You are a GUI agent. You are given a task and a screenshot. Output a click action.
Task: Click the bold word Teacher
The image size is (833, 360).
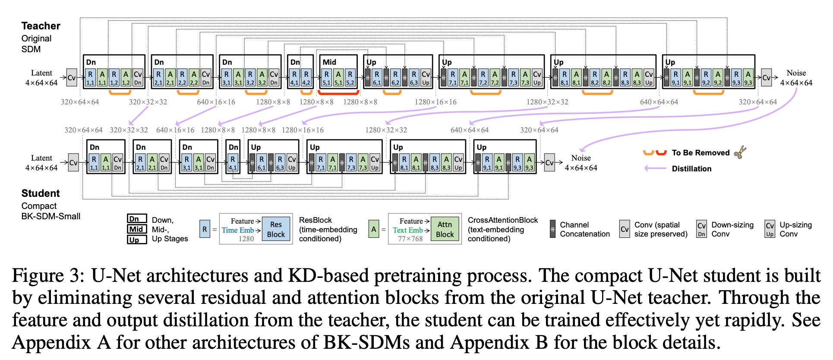[41, 26]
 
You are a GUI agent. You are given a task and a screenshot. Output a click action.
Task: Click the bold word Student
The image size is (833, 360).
[41, 193]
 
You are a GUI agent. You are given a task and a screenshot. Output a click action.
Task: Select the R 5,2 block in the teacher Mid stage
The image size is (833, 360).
[350, 78]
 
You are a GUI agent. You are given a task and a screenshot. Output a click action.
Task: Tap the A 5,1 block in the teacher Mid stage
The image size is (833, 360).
[338, 78]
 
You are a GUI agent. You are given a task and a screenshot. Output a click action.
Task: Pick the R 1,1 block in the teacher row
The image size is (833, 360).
[90, 78]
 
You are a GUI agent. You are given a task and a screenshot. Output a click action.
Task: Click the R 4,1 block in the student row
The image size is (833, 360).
[233, 163]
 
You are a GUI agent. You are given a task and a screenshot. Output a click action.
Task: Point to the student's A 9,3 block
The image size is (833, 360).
[529, 163]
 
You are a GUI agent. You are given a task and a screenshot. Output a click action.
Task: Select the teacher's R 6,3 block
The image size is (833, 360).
[414, 78]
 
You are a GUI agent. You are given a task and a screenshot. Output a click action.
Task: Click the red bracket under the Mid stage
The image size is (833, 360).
[338, 92]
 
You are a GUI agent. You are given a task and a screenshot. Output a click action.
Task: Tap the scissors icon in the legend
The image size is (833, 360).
[740, 152]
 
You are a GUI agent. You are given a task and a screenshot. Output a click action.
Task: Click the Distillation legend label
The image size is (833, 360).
[691, 169]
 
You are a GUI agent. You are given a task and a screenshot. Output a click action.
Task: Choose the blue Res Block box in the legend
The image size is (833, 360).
[276, 229]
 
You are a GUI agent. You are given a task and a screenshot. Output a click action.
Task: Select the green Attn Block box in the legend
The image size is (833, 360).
[445, 229]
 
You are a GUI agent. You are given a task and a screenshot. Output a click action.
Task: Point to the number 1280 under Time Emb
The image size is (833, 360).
[246, 239]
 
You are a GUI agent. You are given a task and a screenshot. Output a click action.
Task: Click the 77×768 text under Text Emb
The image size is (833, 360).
[410, 239]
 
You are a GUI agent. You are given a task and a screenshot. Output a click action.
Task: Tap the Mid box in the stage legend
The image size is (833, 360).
[136, 229]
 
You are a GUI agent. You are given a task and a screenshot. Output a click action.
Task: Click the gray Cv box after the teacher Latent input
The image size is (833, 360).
[72, 78]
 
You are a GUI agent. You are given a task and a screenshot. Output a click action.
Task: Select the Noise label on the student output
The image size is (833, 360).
[581, 158]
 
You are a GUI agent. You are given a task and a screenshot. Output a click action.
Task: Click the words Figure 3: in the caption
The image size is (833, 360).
[48, 276]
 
